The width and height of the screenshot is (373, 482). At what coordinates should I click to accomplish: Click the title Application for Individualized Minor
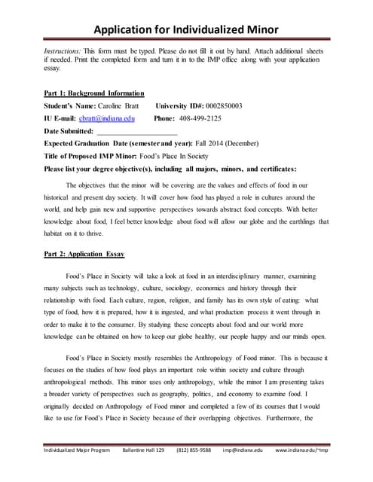click(186, 29)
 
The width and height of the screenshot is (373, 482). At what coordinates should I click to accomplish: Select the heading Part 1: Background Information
click(94, 93)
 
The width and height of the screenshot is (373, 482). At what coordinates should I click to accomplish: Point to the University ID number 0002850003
click(219, 105)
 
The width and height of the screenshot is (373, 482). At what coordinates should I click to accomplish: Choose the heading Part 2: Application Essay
click(88, 254)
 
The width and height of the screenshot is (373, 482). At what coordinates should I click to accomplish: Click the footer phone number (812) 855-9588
click(195, 471)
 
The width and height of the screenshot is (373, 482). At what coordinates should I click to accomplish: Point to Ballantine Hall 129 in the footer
click(143, 471)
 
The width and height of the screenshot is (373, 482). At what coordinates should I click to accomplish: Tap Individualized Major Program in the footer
click(76, 471)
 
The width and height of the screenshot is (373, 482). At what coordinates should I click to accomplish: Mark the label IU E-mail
click(66, 118)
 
